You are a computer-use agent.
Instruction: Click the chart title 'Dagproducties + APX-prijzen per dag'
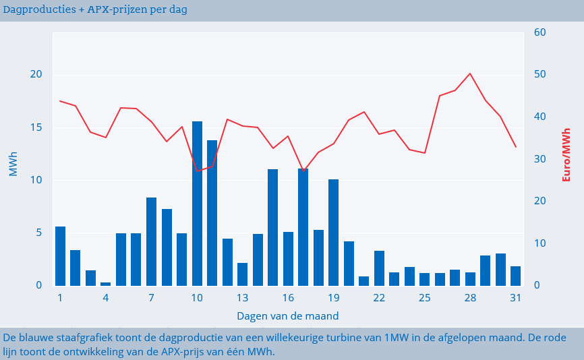(x=95, y=10)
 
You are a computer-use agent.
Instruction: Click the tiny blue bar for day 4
(x=106, y=284)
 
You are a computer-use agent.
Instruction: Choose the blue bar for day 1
(x=61, y=256)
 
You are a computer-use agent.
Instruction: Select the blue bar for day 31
(x=516, y=276)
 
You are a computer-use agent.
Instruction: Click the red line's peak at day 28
(x=470, y=73)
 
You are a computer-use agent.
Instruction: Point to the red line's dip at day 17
(x=303, y=171)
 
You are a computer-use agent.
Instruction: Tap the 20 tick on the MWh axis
(x=36, y=74)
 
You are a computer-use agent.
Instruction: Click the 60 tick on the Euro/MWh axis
(x=539, y=32)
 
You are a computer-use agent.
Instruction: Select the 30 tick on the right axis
(x=539, y=159)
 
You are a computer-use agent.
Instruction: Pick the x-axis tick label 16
(x=288, y=298)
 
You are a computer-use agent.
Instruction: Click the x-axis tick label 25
(x=424, y=298)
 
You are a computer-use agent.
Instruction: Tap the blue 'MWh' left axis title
(x=13, y=164)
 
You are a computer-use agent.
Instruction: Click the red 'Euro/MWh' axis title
(x=566, y=154)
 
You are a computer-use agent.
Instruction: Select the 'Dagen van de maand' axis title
(x=288, y=316)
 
